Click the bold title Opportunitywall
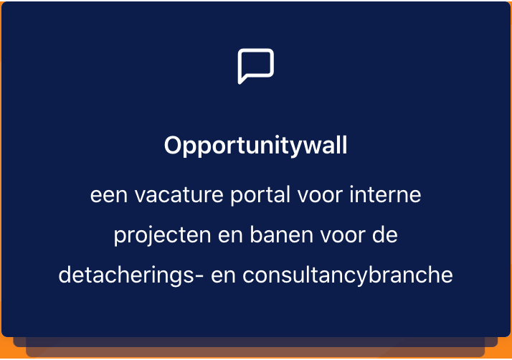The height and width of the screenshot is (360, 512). coord(255,146)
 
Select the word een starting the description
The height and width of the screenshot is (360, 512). coord(109,195)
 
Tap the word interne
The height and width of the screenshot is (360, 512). coord(385,194)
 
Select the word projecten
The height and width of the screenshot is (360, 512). coord(162,236)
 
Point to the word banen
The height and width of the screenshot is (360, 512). coord(282,235)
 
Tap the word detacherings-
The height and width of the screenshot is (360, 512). coord(131,275)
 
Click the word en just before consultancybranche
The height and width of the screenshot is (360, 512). coord(223,276)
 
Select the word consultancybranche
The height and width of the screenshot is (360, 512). coord(348,275)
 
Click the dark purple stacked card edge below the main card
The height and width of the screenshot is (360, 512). coord(255,342)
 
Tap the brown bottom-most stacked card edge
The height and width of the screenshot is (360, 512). coord(255,352)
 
